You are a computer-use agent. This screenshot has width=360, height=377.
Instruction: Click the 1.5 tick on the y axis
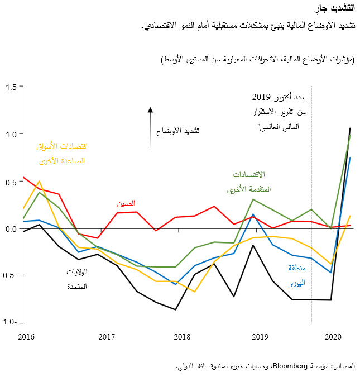coord(12,87)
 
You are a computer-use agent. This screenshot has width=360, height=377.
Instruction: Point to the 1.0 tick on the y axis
coord(12,134)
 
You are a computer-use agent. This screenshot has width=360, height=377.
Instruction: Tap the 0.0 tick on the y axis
coord(12,228)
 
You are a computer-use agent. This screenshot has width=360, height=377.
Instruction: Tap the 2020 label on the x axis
coord(333,337)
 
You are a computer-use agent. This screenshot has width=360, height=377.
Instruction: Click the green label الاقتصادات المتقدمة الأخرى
coord(249,183)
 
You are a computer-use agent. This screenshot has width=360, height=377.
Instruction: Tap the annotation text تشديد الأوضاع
coord(177,131)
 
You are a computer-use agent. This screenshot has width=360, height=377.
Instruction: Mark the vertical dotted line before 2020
coord(311,223)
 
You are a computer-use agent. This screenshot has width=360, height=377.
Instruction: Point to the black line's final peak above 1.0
coord(350,128)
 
